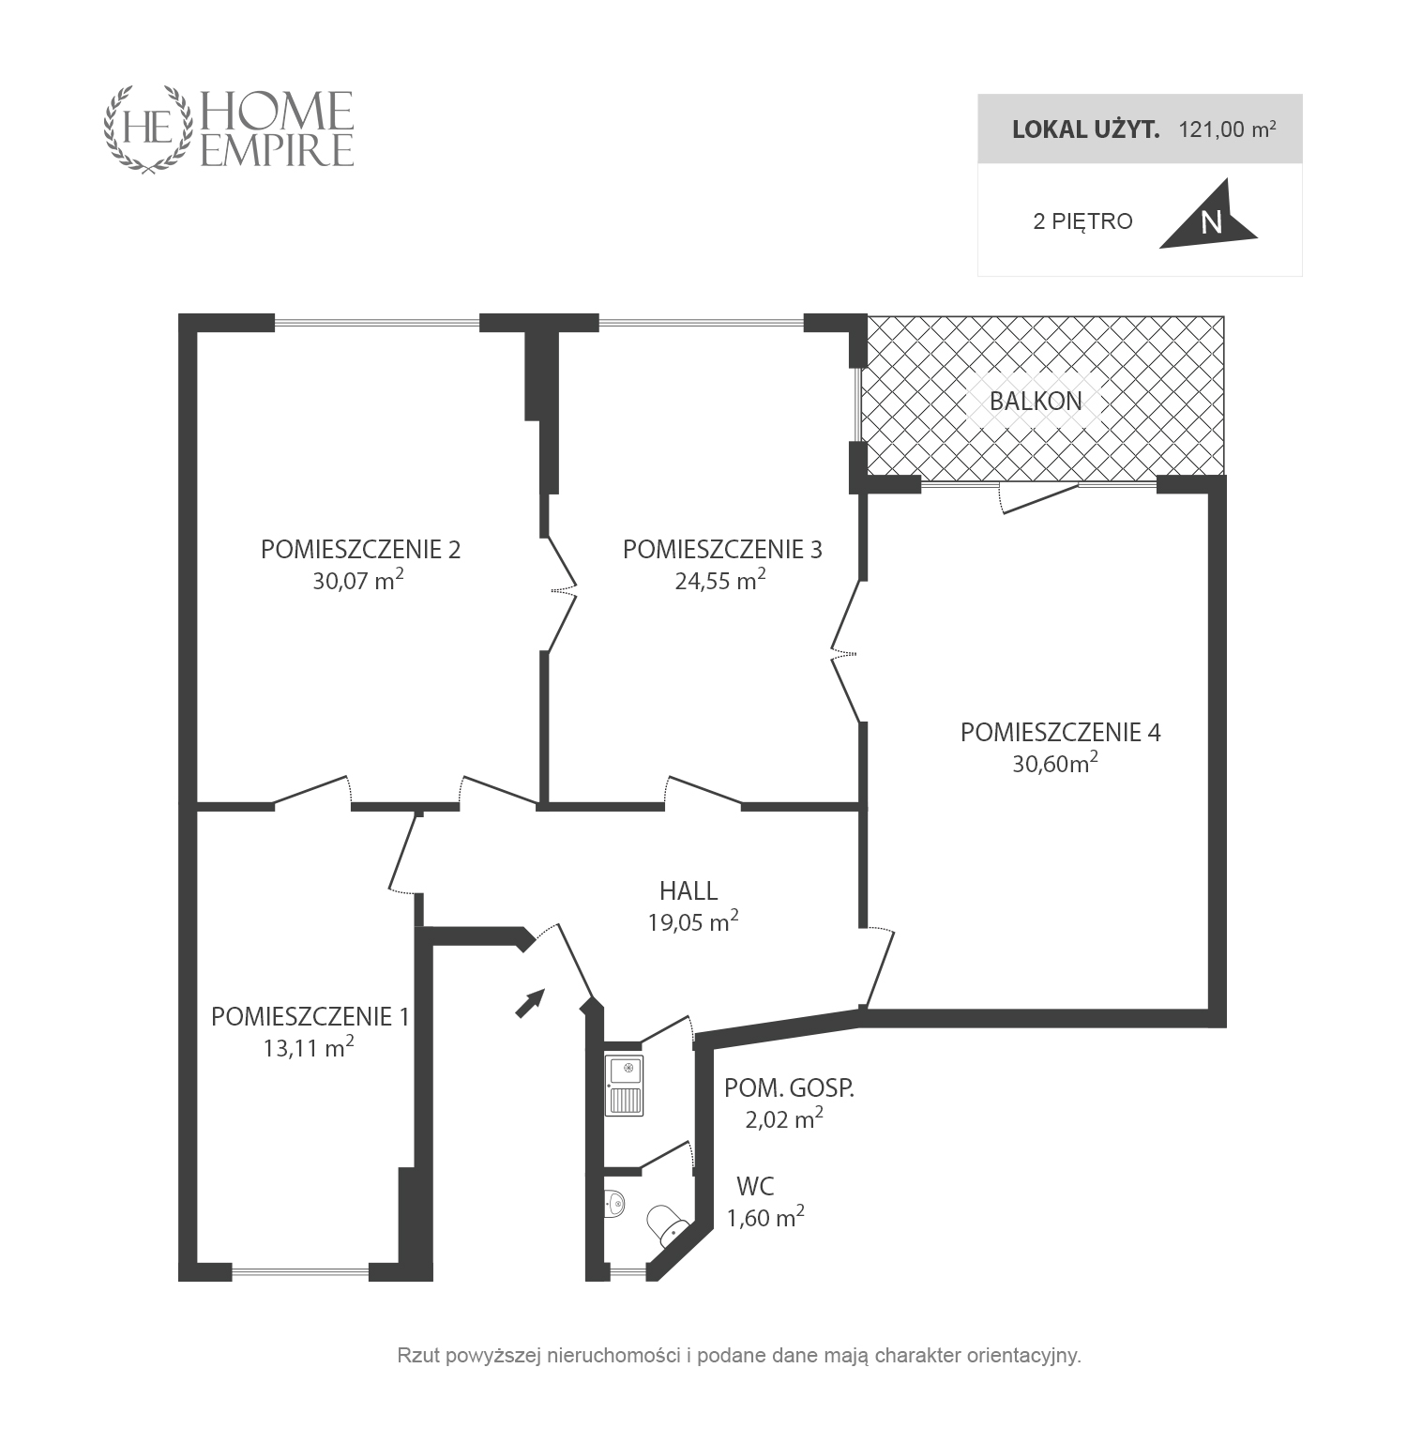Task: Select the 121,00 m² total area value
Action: [x=1227, y=129]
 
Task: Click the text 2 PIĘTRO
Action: [x=1082, y=221]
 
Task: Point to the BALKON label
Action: [x=1036, y=401]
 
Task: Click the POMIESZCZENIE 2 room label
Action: [x=360, y=549]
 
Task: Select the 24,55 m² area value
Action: [x=720, y=580]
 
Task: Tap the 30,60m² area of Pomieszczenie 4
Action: [x=1055, y=763]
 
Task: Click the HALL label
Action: [x=688, y=890]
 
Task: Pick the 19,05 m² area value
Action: [x=692, y=921]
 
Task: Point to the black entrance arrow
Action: [x=530, y=1003]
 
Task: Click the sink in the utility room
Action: [x=625, y=1086]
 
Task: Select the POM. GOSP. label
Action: [x=789, y=1088]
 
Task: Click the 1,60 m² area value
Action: [x=765, y=1217]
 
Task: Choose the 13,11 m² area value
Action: [x=309, y=1047]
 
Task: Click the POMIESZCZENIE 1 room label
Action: [x=310, y=1016]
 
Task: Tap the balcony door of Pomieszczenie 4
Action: [x=1038, y=497]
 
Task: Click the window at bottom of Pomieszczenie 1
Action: [x=300, y=1272]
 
